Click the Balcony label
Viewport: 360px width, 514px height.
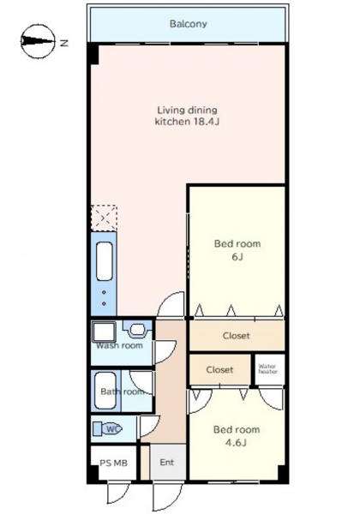[x=189, y=24]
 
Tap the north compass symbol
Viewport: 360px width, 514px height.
[x=38, y=41]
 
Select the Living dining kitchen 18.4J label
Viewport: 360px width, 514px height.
[x=187, y=116]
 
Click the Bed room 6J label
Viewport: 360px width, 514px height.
[x=237, y=250]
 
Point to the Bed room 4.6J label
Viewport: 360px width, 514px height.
[x=237, y=436]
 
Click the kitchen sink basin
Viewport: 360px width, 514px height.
[x=105, y=261]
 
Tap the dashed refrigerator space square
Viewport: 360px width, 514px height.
[x=104, y=218]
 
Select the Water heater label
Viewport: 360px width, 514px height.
[x=267, y=368]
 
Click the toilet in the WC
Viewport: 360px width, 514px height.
[x=107, y=429]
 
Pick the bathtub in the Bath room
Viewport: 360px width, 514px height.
[x=105, y=391]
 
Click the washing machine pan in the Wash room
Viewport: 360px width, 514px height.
[x=104, y=332]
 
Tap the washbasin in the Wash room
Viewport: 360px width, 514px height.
[x=136, y=330]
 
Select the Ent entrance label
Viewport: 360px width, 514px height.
[x=167, y=463]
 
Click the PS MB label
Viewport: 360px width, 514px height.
[x=113, y=463]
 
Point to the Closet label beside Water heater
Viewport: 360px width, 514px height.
[x=219, y=370]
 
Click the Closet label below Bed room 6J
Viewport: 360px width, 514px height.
[x=236, y=336]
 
